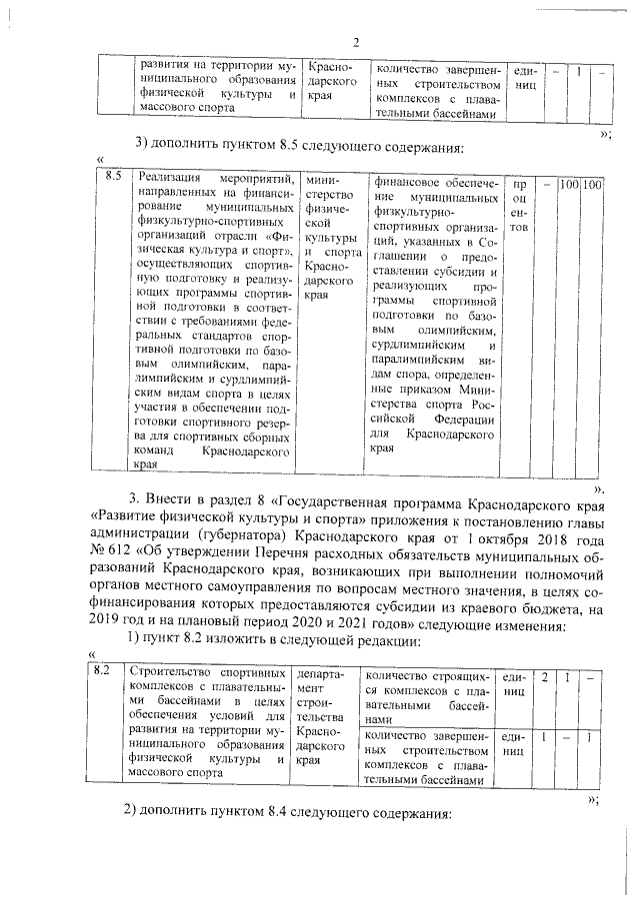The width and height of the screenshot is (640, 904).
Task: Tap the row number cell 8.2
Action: [x=101, y=670]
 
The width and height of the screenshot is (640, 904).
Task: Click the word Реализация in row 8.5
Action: [x=169, y=178]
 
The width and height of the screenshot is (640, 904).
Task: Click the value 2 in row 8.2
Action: [x=544, y=676]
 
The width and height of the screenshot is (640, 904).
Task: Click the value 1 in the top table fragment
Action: [x=579, y=71]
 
